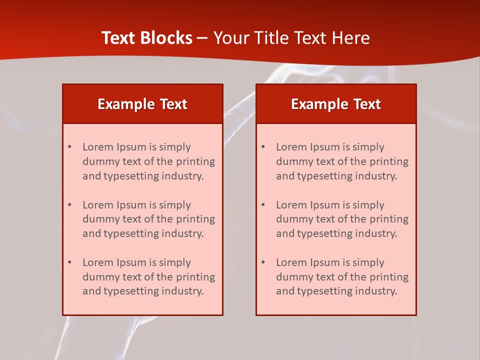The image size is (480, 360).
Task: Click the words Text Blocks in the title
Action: click(x=147, y=38)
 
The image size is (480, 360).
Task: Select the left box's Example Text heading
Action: click(x=142, y=104)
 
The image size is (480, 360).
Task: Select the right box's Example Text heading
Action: click(x=336, y=104)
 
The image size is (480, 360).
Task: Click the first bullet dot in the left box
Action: click(x=69, y=147)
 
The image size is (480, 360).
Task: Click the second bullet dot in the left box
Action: click(x=69, y=205)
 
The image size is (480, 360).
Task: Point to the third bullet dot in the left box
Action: click(x=69, y=262)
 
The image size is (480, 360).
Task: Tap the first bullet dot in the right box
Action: click(x=263, y=147)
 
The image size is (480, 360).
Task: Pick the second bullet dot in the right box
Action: click(x=263, y=205)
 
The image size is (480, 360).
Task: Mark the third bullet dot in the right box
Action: click(x=263, y=262)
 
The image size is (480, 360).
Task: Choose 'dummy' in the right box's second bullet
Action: click(x=293, y=219)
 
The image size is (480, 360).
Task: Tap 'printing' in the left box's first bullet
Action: click(x=195, y=161)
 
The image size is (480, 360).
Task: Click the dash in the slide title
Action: click(x=202, y=38)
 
